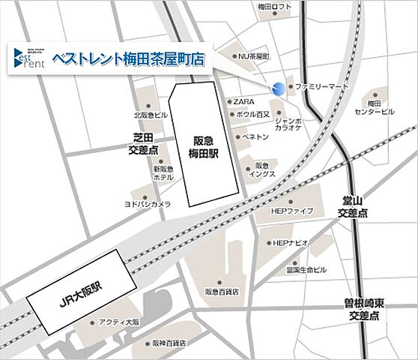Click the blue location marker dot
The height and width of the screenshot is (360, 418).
[x=279, y=88]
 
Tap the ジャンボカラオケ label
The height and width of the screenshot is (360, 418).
[x=288, y=124]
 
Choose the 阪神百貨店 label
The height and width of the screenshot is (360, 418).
[x=169, y=343]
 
